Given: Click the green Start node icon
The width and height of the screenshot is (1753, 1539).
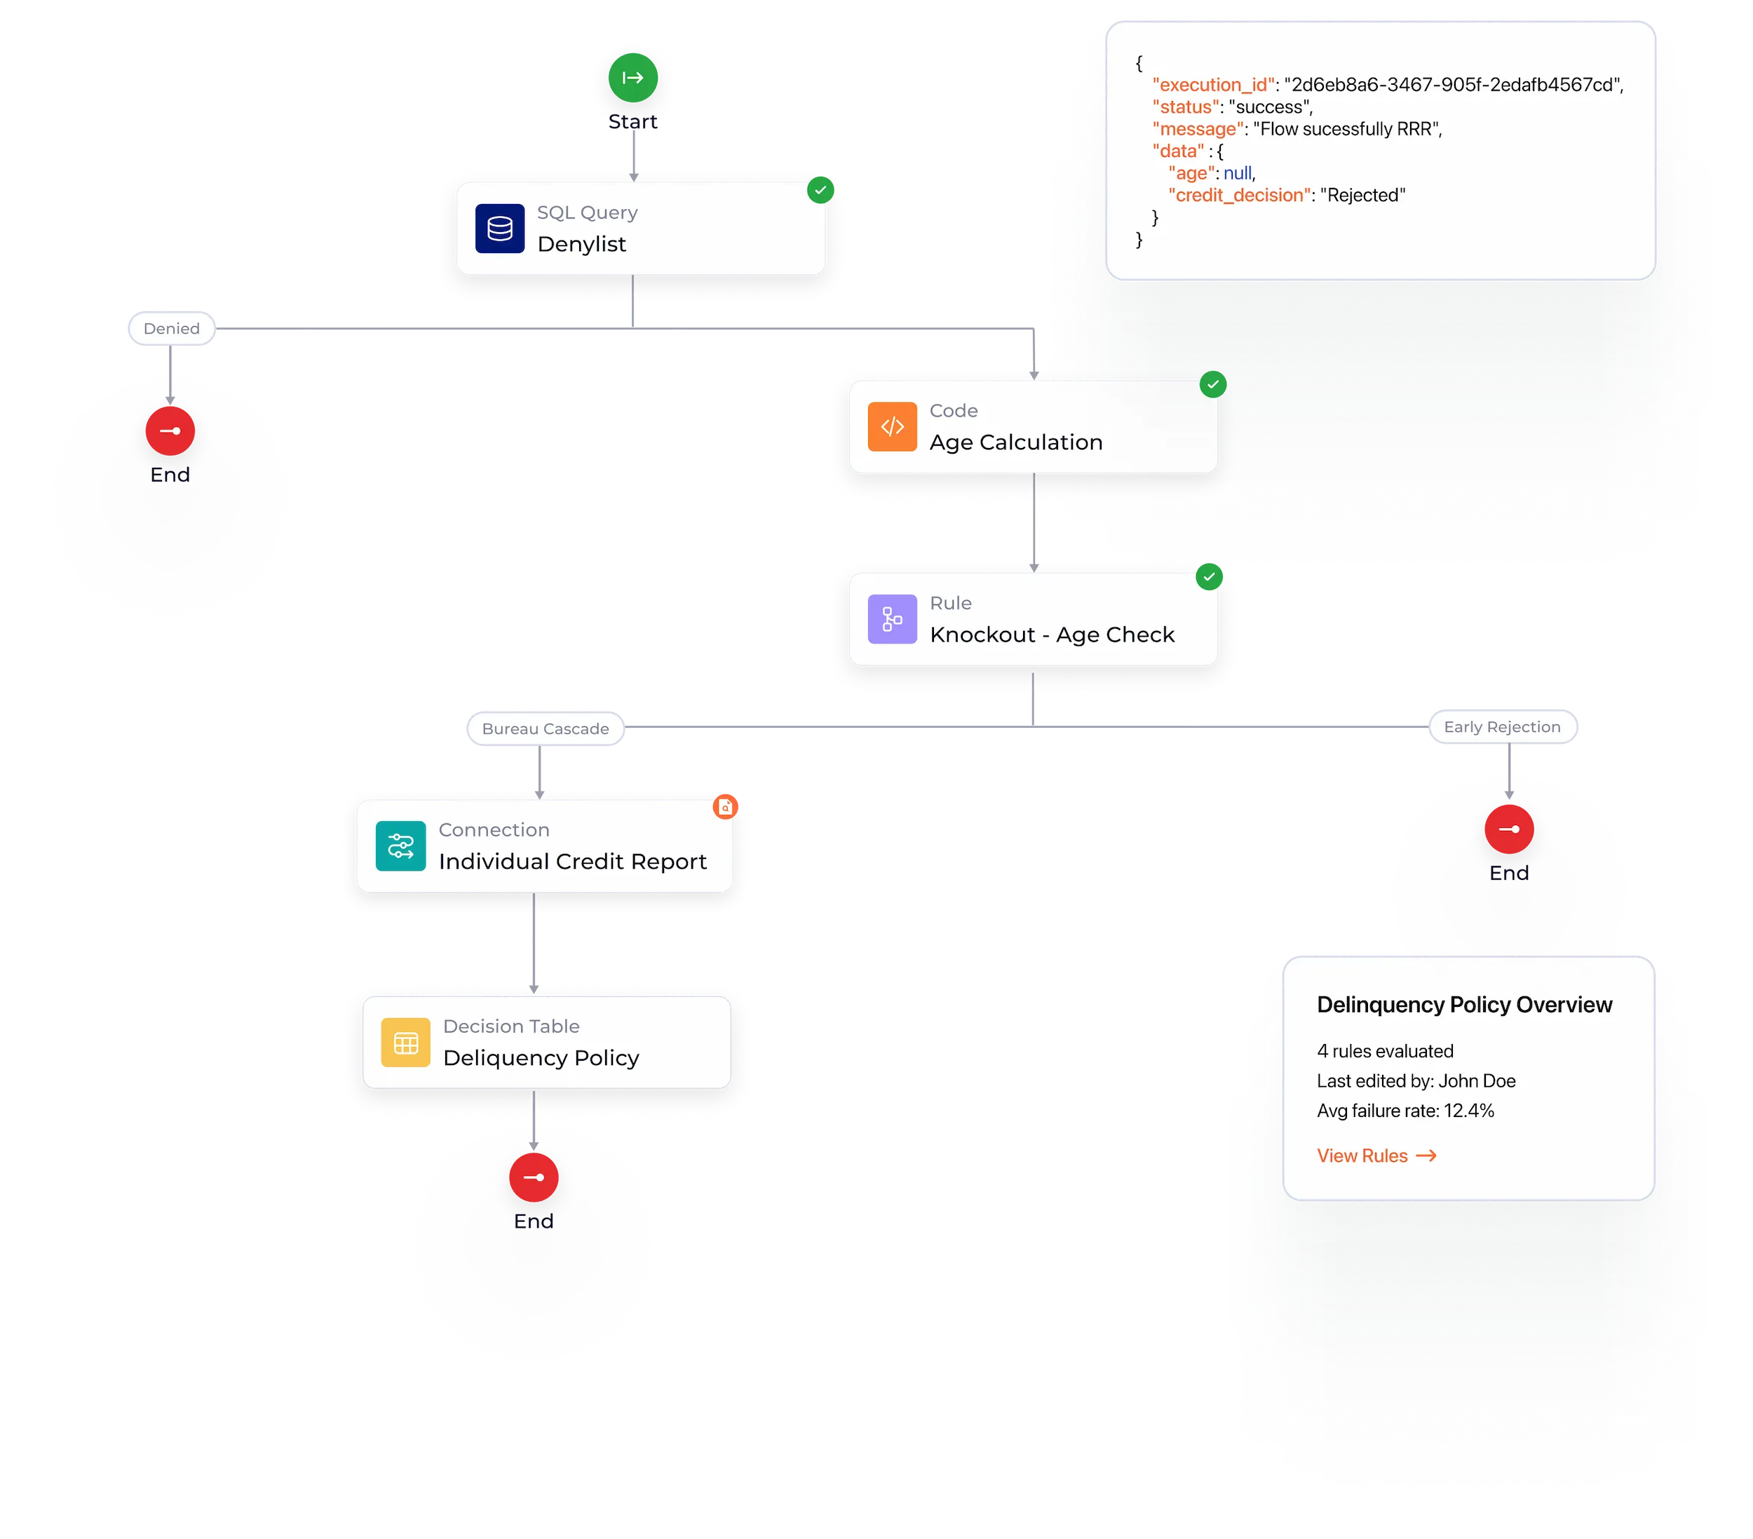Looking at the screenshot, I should click(x=633, y=78).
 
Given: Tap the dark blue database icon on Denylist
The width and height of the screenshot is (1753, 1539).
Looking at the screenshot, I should click(x=500, y=229).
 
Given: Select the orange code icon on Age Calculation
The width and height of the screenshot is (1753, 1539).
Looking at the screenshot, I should click(x=892, y=427).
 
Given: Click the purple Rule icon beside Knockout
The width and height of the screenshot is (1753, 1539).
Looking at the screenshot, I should click(x=892, y=619).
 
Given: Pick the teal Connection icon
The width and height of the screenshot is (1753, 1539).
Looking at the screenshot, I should click(x=400, y=846).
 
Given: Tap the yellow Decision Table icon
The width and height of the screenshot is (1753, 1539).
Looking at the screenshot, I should click(x=406, y=1043).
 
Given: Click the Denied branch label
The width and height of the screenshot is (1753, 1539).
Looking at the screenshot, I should click(x=172, y=328).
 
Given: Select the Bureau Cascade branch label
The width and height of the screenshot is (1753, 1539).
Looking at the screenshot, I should click(x=546, y=728).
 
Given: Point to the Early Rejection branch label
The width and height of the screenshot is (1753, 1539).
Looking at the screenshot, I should click(x=1502, y=727).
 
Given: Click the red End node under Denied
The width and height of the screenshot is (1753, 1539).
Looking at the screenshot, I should click(x=170, y=431).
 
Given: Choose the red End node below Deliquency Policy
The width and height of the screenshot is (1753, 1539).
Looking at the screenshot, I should click(x=534, y=1177).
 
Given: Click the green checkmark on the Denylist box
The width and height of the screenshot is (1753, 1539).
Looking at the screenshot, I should click(x=820, y=189).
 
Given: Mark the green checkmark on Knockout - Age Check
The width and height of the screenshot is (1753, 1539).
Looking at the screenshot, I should click(x=1210, y=577).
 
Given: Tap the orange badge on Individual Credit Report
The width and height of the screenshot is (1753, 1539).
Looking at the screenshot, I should click(x=726, y=807).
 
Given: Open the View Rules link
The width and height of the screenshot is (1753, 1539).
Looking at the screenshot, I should click(x=1376, y=1155).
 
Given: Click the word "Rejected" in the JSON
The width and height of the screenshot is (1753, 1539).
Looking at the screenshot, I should click(x=1362, y=196).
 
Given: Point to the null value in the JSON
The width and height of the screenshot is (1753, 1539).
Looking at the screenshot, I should click(x=1238, y=173).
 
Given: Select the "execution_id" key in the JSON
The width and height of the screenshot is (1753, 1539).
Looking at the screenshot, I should click(x=1212, y=85).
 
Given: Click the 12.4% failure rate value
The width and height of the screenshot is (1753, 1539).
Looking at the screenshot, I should click(x=1468, y=1111).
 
